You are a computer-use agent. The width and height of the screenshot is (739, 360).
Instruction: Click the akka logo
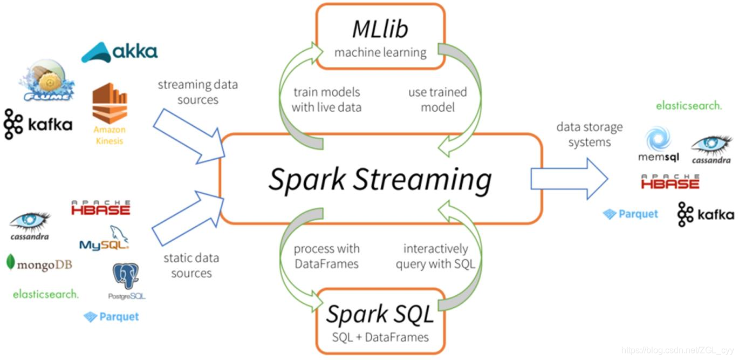tap(120, 51)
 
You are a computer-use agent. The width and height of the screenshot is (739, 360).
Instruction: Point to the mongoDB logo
tap(39, 264)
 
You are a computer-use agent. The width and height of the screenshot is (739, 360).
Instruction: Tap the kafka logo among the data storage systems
tap(706, 214)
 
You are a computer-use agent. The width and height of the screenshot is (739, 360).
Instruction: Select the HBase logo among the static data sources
tap(101, 208)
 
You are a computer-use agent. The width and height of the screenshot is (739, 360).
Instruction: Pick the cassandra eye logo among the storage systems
tap(711, 149)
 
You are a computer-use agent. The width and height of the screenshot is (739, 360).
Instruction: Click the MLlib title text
tap(380, 30)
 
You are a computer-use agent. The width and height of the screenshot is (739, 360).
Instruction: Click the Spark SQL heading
tap(380, 314)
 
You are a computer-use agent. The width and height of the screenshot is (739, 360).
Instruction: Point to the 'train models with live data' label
tap(326, 100)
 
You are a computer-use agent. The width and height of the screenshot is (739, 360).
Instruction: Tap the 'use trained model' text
tap(437, 100)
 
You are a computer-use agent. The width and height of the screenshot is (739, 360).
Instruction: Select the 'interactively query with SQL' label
tap(436, 256)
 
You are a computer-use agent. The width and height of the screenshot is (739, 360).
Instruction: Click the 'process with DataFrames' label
tap(326, 256)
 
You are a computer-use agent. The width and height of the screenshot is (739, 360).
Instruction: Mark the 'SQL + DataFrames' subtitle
tap(380, 337)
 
